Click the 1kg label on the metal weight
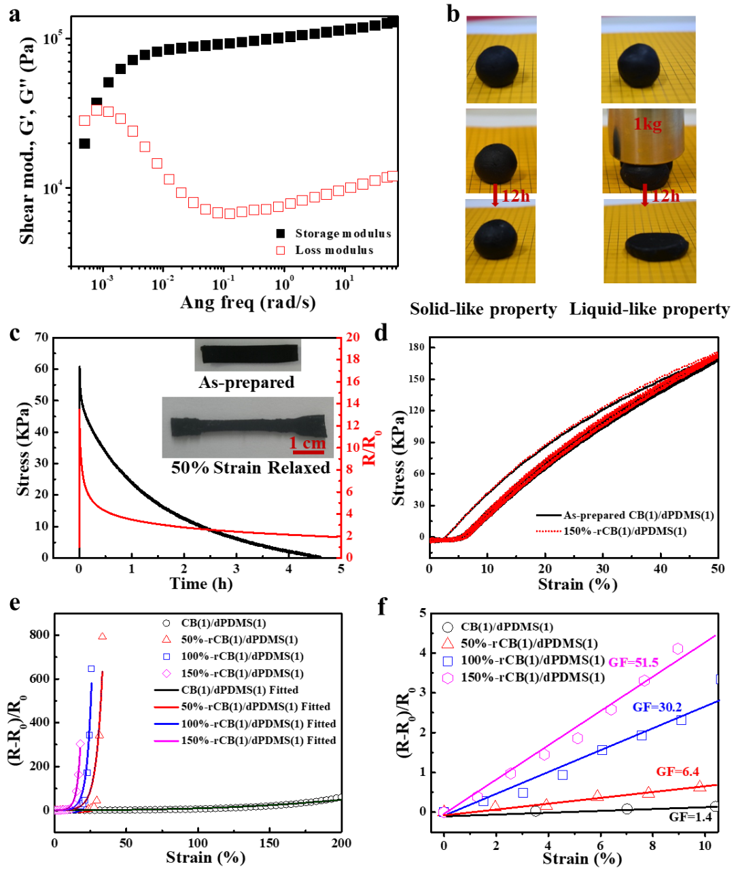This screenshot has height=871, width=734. pyautogui.click(x=647, y=125)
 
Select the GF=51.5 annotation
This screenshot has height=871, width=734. pyautogui.click(x=633, y=662)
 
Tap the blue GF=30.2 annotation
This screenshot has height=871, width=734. pyautogui.click(x=657, y=707)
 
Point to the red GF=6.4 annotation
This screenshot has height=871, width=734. pyautogui.click(x=678, y=772)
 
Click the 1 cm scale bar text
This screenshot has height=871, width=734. pyautogui.click(x=308, y=444)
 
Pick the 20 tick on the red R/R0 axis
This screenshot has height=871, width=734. pyautogui.click(x=353, y=337)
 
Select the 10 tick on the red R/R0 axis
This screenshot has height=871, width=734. pyautogui.click(x=353, y=447)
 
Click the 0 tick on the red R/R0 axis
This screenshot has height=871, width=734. pyautogui.click(x=350, y=557)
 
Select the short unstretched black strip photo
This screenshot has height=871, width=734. pyautogui.click(x=248, y=355)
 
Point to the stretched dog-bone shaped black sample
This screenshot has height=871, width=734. pyautogui.click(x=247, y=427)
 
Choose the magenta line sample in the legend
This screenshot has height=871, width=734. pyautogui.click(x=167, y=741)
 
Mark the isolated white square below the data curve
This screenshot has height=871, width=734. pyautogui.click(x=280, y=251)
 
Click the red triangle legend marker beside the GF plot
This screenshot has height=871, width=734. pyautogui.click(x=447, y=644)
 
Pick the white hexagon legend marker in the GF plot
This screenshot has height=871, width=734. pyautogui.click(x=447, y=678)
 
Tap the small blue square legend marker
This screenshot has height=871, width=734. pyautogui.click(x=167, y=657)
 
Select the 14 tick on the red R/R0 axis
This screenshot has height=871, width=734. pyautogui.click(x=353, y=403)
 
